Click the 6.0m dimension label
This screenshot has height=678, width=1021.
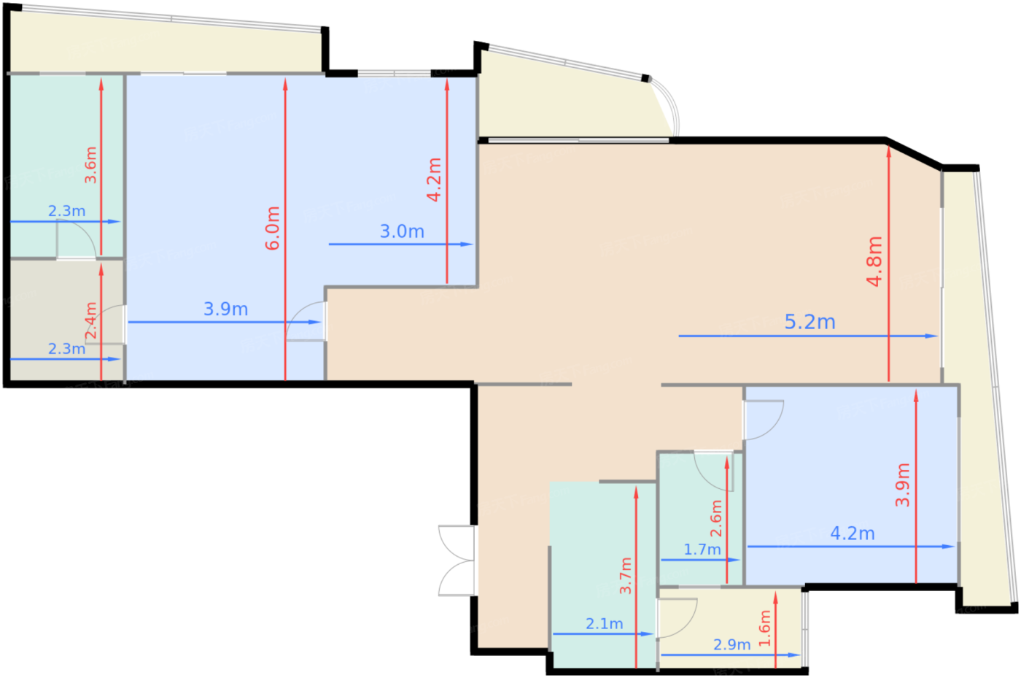(x=273, y=228)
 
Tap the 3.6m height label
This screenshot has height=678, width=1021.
(x=90, y=165)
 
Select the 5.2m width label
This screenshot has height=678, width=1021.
(x=810, y=322)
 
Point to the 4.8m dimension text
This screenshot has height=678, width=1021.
(x=874, y=262)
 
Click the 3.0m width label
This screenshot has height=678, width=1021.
(x=402, y=232)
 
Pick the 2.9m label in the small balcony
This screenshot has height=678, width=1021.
(x=731, y=644)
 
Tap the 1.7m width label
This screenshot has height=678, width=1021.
(x=702, y=550)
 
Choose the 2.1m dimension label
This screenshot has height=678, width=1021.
(x=604, y=624)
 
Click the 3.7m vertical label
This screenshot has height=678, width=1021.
(x=626, y=575)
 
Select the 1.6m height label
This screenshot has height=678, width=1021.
(x=765, y=628)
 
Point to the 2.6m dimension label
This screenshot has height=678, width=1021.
(x=716, y=518)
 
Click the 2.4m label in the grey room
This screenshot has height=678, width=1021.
(x=91, y=320)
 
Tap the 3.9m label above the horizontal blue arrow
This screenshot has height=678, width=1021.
(x=225, y=309)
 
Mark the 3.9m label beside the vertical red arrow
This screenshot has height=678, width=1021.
(x=903, y=485)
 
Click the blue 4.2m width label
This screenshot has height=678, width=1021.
(x=853, y=533)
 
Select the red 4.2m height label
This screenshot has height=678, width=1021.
(x=434, y=180)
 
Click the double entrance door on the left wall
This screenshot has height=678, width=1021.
(x=457, y=560)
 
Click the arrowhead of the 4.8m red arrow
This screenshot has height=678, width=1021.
(x=888, y=152)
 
